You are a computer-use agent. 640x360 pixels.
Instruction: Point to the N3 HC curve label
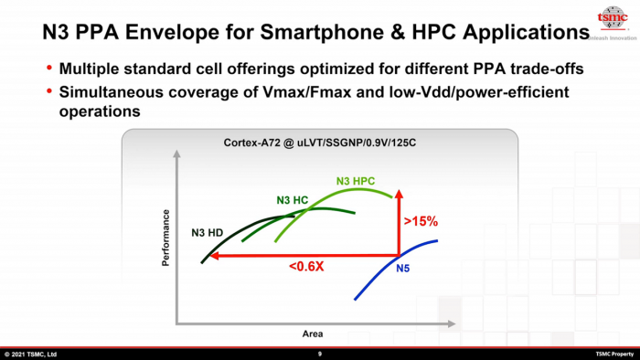pos(292,199)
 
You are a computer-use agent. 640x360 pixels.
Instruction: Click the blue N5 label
pos(403,269)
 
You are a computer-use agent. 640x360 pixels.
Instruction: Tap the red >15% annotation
pos(421,221)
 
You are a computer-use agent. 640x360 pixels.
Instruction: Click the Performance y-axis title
pos(166,238)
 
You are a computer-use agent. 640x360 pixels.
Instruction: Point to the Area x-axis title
pos(313,334)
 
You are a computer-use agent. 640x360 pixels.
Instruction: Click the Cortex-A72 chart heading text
pos(320,143)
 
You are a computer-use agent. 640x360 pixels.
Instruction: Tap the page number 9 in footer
pos(320,354)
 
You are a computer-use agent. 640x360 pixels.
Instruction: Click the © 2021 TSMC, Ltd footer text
pos(31,354)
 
